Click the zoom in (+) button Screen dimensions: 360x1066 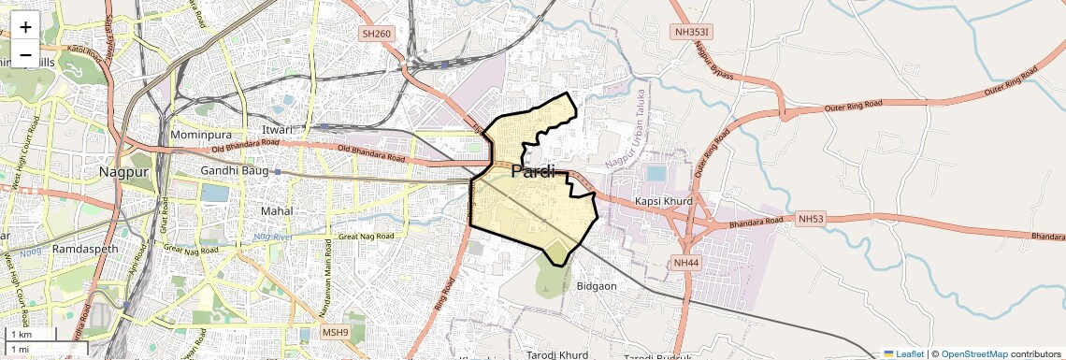(25, 27)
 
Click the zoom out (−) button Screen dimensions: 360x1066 (25, 54)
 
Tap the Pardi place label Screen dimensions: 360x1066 (533, 171)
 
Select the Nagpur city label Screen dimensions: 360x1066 (125, 172)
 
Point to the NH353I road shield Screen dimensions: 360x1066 (692, 31)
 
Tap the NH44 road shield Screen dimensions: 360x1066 (685, 263)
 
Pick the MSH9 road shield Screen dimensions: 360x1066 (335, 332)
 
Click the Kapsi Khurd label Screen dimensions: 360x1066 (662, 201)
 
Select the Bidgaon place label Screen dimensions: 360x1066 (597, 285)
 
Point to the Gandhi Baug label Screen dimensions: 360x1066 (236, 171)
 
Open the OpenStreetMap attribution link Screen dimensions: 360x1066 (973, 353)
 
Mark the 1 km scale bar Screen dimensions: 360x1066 (34, 334)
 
